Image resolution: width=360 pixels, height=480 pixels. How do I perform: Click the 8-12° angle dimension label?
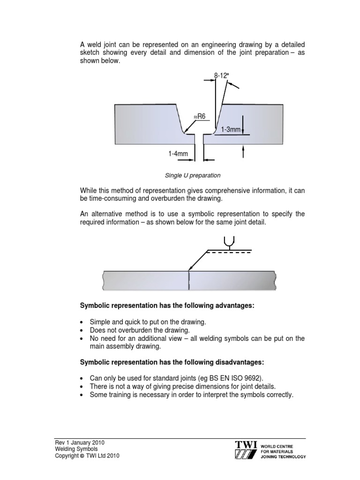[223, 75]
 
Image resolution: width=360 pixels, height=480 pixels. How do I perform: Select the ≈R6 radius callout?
[200, 116]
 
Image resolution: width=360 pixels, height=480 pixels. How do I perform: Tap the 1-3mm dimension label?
[231, 129]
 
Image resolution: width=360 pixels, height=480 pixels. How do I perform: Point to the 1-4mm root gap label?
[179, 153]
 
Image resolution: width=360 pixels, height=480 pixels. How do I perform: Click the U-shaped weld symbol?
[229, 241]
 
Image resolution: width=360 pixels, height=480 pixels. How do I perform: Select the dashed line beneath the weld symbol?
[230, 252]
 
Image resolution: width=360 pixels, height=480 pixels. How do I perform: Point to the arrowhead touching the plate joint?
[189, 269]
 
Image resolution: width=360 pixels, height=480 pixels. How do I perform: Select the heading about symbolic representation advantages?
[167, 306]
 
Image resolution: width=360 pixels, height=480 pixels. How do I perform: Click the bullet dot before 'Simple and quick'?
[82, 322]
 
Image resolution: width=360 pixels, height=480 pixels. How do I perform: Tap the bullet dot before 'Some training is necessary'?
[82, 395]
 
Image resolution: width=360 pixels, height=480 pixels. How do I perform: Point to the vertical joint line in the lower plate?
[189, 281]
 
